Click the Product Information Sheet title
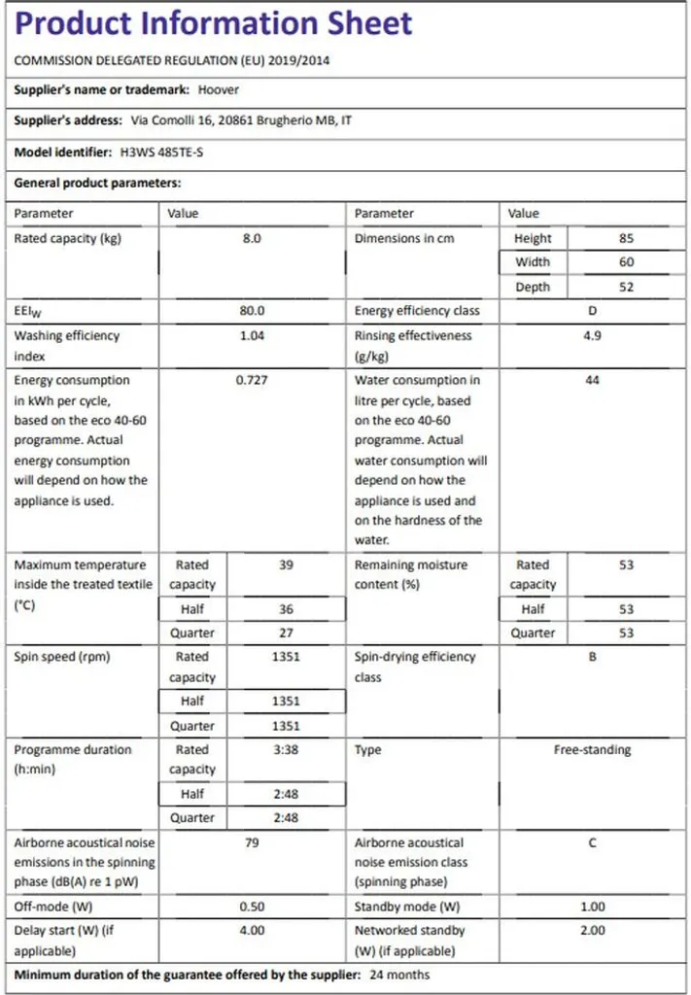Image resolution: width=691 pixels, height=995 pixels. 214,23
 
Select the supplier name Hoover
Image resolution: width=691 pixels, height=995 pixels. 218,89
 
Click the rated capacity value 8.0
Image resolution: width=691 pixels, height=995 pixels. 252,238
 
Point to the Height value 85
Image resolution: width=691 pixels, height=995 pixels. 626,238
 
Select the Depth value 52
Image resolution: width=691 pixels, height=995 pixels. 626,287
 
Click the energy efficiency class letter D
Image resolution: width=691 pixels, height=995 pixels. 592,311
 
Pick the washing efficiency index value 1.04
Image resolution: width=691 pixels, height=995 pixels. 252,335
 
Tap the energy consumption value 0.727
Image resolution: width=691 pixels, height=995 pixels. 252,380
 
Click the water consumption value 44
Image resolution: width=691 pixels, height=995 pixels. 592,380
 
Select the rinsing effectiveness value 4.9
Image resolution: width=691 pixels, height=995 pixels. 592,335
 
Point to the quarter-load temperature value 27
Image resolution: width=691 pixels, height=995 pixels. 286,633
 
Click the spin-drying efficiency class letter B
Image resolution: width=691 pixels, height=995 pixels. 592,657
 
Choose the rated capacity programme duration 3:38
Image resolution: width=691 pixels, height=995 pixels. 286,750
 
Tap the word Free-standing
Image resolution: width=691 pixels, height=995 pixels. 592,750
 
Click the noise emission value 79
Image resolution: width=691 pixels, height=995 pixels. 252,842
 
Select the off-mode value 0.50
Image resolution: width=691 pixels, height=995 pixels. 252,907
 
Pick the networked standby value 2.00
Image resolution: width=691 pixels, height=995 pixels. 592,930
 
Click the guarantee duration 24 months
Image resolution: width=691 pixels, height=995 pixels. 398,975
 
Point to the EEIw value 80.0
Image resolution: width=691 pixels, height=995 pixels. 252,311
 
